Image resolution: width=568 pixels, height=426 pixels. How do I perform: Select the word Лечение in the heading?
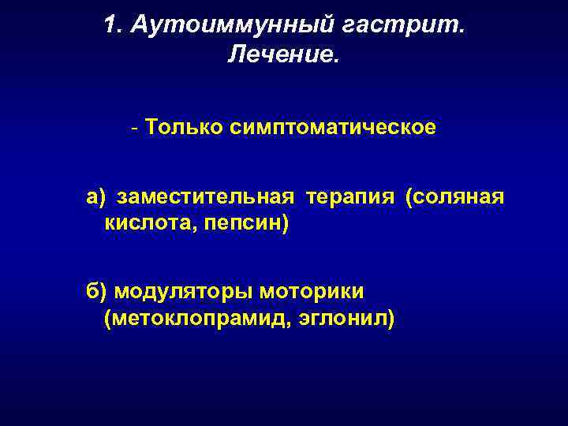(280, 55)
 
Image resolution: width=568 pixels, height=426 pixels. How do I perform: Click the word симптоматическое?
(338, 127)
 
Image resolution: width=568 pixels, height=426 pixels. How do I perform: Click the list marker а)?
(95, 196)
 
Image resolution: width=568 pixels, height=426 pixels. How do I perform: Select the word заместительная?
(206, 196)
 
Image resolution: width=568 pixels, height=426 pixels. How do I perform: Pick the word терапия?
(349, 196)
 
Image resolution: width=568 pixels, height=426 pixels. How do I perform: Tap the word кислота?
(150, 225)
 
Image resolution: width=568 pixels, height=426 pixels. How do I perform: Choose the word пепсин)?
(247, 225)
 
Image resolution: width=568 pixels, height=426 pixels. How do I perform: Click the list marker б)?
(96, 291)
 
